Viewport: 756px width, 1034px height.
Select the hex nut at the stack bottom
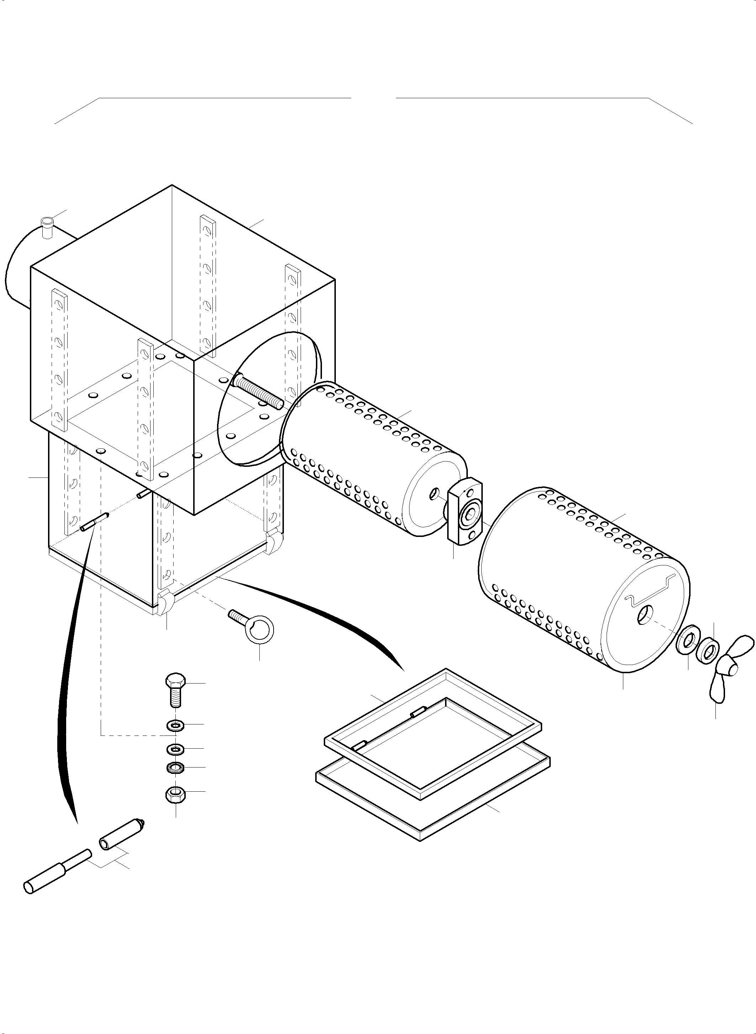[x=175, y=795]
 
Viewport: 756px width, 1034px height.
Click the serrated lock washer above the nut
[x=175, y=767]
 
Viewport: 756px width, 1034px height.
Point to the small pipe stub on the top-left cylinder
[x=47, y=227]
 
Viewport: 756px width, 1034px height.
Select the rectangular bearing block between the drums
[x=465, y=510]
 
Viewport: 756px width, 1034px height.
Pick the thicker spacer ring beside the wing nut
[x=708, y=649]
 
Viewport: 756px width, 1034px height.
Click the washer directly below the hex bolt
[x=175, y=725]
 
